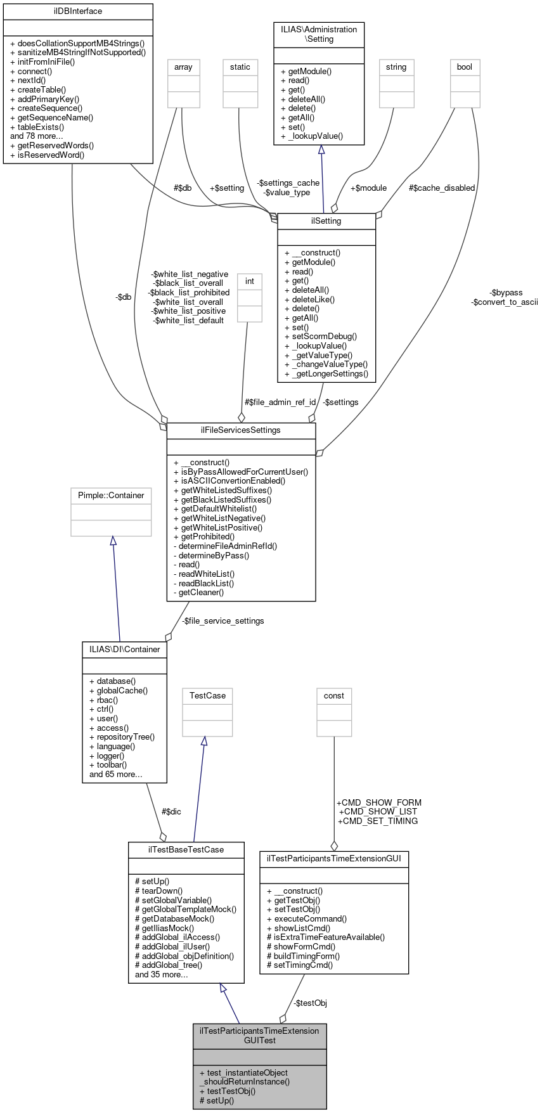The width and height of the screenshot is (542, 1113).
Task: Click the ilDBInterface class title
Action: (x=77, y=11)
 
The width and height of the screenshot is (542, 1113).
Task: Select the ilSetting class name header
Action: (x=326, y=221)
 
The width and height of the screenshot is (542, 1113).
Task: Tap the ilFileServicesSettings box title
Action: (x=241, y=430)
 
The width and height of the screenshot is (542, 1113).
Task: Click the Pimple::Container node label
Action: (x=111, y=496)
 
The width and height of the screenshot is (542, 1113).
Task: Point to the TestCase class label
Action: (x=207, y=696)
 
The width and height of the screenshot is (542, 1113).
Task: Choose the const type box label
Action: (x=334, y=696)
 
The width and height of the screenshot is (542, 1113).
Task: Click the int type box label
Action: (x=250, y=281)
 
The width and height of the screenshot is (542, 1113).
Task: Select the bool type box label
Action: (x=465, y=67)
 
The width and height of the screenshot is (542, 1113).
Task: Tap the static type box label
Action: (x=240, y=67)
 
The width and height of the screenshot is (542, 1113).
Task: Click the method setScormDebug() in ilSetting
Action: (x=321, y=337)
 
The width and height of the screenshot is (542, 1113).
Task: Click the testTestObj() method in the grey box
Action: (x=227, y=1091)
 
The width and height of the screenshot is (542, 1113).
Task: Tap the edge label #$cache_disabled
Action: (x=442, y=188)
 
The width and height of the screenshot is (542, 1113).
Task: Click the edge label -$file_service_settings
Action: (x=223, y=621)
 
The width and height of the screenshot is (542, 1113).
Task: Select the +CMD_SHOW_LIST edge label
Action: (x=378, y=812)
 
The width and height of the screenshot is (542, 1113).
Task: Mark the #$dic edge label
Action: (x=171, y=811)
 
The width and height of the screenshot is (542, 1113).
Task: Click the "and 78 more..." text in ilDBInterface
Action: (x=37, y=136)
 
